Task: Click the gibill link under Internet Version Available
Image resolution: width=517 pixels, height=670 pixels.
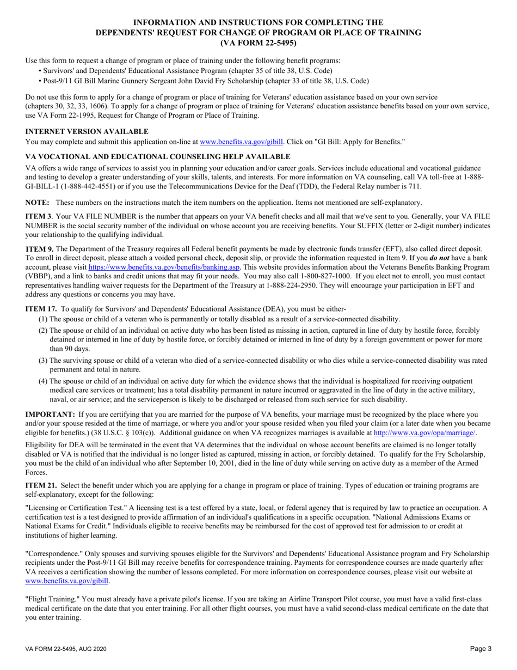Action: click(242, 142)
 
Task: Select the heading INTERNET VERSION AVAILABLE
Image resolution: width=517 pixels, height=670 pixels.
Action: click(87, 131)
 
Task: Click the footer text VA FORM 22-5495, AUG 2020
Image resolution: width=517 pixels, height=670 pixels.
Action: click(66, 649)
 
